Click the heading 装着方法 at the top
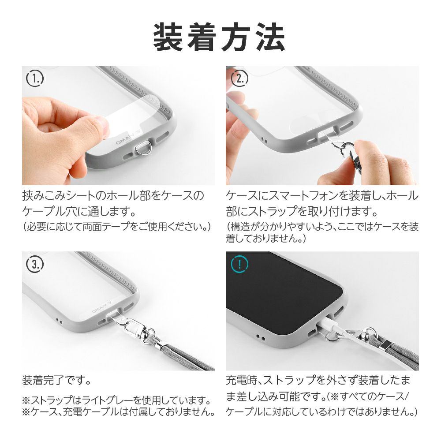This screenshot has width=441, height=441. (x=219, y=37)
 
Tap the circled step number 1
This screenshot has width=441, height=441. (x=35, y=78)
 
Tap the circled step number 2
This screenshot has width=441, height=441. (x=239, y=78)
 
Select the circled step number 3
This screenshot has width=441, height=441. (x=35, y=264)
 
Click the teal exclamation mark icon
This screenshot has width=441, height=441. (x=239, y=264)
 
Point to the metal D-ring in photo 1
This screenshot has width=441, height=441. (x=143, y=148)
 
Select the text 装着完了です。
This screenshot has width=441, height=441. (x=56, y=381)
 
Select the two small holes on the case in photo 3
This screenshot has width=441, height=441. (x=59, y=320)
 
